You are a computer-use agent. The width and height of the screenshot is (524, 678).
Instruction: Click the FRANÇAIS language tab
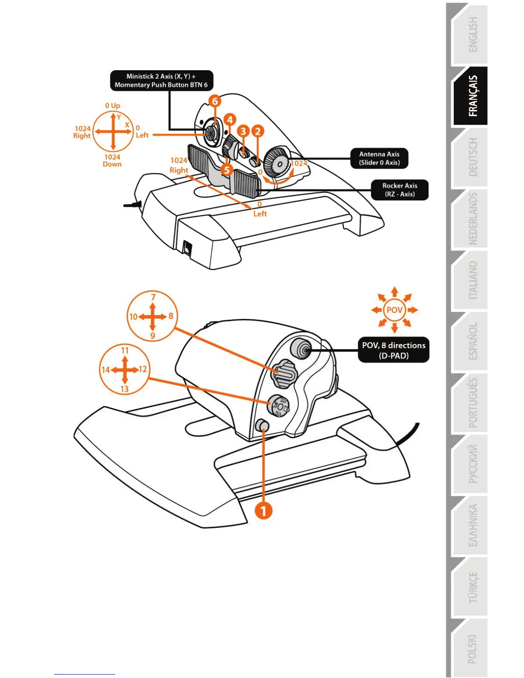click(x=471, y=96)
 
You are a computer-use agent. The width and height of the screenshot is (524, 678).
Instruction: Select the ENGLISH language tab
click(x=471, y=35)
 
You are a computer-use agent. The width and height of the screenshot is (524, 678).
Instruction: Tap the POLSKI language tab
click(x=471, y=648)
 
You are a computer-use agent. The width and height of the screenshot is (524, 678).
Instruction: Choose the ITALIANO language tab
click(x=471, y=280)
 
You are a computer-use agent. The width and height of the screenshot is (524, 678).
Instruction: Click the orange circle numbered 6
click(x=215, y=101)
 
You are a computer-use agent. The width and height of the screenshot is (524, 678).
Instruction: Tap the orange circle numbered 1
click(x=264, y=510)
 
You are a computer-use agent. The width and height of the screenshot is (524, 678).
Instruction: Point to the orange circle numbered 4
click(x=229, y=120)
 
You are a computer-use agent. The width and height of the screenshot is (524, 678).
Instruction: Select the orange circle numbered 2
click(x=257, y=131)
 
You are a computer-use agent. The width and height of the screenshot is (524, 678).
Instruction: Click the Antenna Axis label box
click(x=379, y=158)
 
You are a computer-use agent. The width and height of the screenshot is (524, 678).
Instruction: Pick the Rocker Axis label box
click(x=399, y=190)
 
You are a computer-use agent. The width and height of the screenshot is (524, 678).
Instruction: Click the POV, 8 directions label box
click(x=393, y=350)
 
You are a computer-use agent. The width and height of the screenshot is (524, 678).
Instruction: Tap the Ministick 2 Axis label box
click(x=161, y=80)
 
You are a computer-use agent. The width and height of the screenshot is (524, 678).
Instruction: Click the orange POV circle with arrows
click(x=394, y=310)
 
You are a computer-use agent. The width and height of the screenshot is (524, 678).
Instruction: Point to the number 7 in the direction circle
click(x=153, y=297)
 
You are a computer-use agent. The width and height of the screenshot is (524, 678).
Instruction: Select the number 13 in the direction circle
click(x=124, y=389)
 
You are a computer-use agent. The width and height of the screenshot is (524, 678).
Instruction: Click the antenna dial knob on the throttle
click(x=276, y=163)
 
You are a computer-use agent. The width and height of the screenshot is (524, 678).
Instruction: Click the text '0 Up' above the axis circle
click(x=113, y=105)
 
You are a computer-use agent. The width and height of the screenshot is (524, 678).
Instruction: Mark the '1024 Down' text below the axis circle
click(x=112, y=161)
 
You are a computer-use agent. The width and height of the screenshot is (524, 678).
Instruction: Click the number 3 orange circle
click(x=243, y=131)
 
